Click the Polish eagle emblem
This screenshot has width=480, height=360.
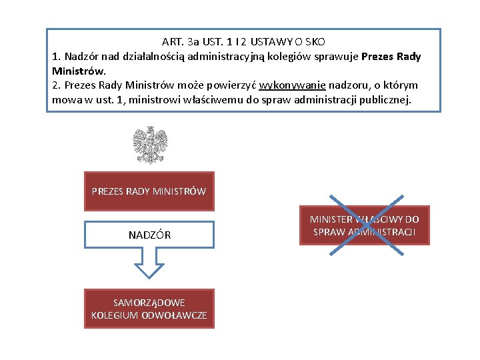pos(150,145)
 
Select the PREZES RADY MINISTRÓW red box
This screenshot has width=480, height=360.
pos(149,191)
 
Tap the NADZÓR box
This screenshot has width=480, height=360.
pos(149,235)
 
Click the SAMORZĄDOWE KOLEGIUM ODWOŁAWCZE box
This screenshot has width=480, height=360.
pos(149,309)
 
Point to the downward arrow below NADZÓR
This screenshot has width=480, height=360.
pos(149,263)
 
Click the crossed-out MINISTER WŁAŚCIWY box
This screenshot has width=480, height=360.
pos(364,225)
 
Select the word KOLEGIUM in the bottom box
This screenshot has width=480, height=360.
pos(114,315)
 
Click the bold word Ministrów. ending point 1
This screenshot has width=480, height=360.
pos(79,71)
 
